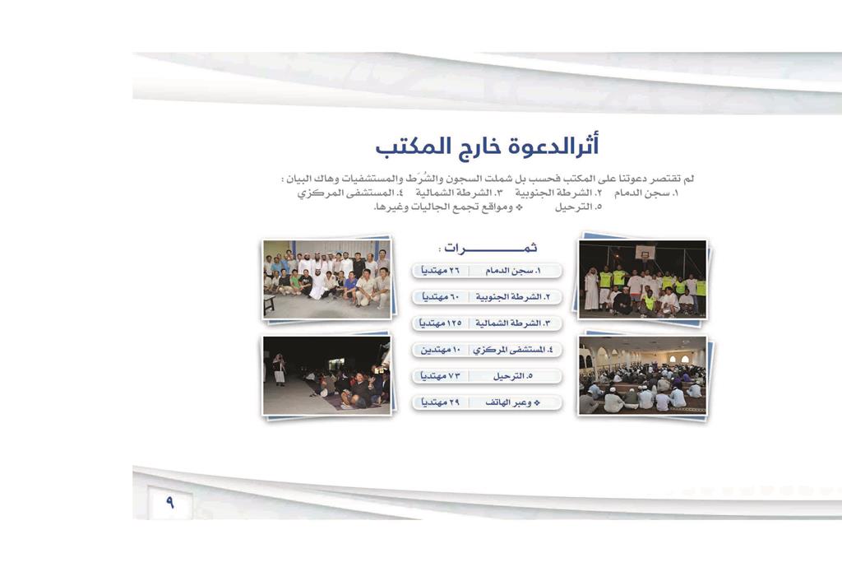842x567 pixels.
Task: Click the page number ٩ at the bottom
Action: [169, 503]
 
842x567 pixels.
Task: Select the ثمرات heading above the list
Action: [488, 249]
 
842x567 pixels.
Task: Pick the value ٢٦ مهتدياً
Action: [441, 271]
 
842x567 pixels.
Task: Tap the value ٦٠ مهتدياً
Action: [441, 297]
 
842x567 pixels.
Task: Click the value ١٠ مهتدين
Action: [441, 350]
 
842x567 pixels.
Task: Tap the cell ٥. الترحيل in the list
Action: [513, 376]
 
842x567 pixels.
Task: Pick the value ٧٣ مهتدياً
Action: [441, 376]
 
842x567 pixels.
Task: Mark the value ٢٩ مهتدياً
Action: [441, 402]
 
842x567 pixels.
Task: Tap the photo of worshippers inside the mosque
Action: [643, 376]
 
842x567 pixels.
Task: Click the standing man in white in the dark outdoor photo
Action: [279, 369]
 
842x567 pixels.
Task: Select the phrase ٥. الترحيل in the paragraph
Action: [578, 207]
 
